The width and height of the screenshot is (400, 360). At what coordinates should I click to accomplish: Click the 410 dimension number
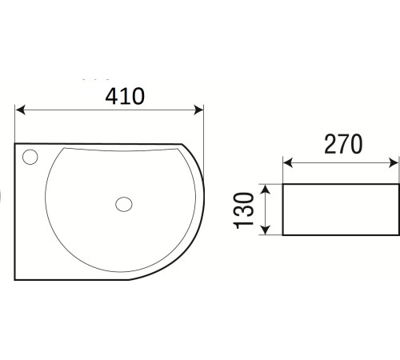tap(125, 96)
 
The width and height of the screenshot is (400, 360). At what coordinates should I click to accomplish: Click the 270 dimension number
tap(343, 144)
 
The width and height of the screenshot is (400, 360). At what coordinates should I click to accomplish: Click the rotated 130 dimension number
tap(243, 210)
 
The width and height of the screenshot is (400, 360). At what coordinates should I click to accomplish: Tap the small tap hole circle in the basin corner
tap(30, 157)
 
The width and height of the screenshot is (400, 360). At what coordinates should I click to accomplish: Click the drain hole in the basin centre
tap(124, 204)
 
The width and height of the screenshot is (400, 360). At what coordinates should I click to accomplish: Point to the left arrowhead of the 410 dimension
tap(20, 110)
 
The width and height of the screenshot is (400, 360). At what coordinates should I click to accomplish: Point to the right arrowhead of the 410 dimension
tap(198, 110)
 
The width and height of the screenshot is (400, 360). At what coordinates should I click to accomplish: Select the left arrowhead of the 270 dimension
tap(288, 162)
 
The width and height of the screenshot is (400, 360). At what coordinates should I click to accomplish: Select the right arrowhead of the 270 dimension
tap(394, 162)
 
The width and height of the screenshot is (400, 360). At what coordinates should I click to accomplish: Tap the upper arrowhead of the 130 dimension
tap(266, 190)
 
